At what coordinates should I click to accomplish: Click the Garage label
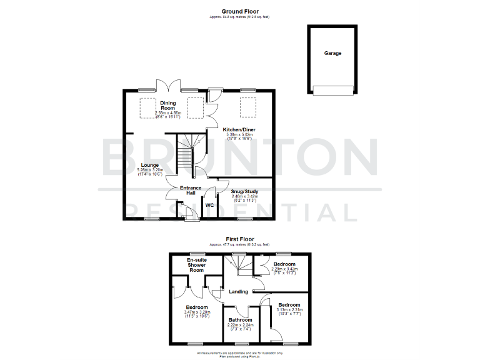[332, 54]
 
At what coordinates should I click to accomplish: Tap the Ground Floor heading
[239, 11]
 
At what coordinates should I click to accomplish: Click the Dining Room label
[167, 105]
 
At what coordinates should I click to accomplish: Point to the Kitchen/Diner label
[239, 129]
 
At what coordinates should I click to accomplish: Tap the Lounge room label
[149, 165]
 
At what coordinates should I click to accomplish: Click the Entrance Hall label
[191, 190]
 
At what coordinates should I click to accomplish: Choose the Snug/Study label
[244, 192]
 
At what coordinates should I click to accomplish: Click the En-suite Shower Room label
[197, 264]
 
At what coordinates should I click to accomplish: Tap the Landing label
[238, 292]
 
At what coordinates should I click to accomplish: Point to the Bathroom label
[241, 319]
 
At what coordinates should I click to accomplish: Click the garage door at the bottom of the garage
[332, 89]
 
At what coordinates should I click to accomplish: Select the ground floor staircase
[187, 154]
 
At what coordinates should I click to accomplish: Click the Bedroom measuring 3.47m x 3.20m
[197, 310]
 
